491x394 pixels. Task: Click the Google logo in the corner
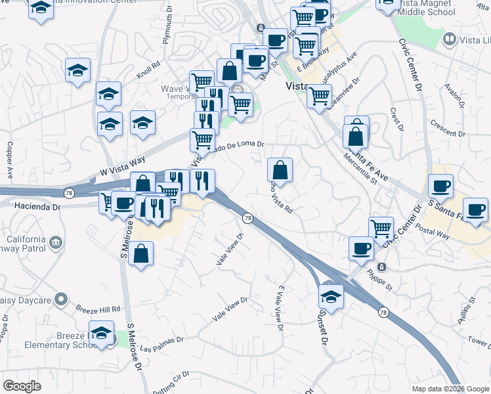(x=22, y=386)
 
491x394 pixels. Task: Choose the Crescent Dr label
(x=448, y=128)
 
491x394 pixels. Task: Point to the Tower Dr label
(x=479, y=341)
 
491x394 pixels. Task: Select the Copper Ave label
(x=10, y=161)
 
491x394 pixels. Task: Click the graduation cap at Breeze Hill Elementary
(x=102, y=332)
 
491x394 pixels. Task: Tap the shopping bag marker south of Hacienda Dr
(x=141, y=253)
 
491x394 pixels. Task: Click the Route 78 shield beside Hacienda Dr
(x=69, y=192)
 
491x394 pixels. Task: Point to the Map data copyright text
(x=450, y=389)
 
